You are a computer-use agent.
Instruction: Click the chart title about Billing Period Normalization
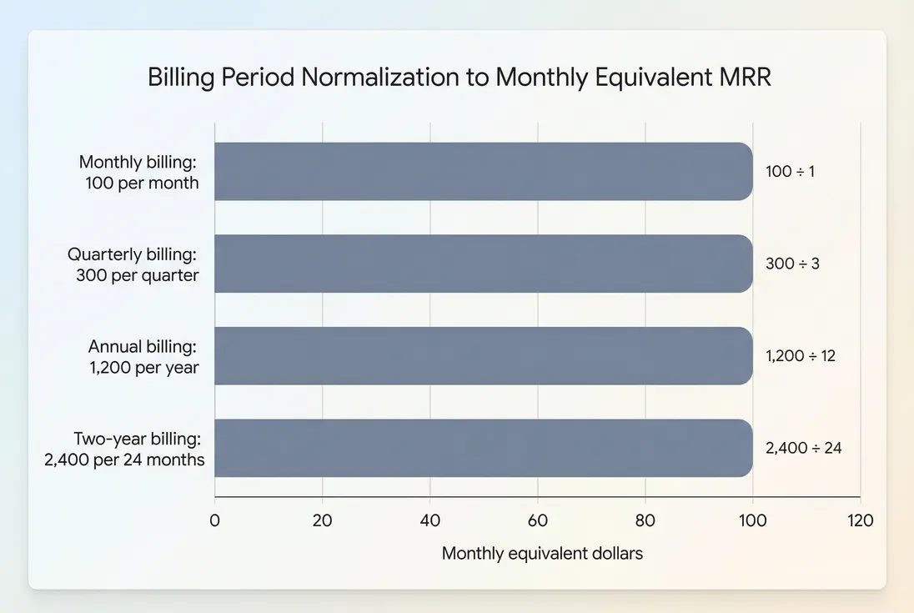(x=459, y=77)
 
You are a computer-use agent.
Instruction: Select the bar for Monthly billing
(x=484, y=171)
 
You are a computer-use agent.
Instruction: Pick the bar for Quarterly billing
(x=484, y=264)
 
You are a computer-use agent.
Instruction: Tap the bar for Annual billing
(x=484, y=355)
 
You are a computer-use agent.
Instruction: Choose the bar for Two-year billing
(x=484, y=448)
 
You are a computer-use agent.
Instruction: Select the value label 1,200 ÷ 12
(x=801, y=355)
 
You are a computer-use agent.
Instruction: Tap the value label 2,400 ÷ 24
(x=804, y=448)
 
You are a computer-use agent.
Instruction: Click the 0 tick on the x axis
(x=215, y=521)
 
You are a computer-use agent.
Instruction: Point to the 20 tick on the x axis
(x=323, y=521)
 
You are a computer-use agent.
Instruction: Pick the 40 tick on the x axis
(x=430, y=521)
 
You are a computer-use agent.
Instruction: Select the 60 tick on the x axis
(x=538, y=521)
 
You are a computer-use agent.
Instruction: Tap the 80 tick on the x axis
(x=645, y=521)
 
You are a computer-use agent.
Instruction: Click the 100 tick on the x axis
(x=753, y=521)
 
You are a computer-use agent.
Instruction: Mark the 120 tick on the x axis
(x=860, y=521)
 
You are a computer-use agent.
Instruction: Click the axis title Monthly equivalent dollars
(x=542, y=553)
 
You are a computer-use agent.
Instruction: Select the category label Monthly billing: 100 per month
(x=138, y=172)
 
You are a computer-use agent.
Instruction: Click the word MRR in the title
(x=742, y=77)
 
